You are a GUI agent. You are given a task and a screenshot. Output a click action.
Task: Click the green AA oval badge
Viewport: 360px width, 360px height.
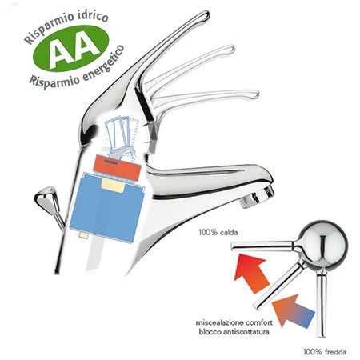[x=70, y=48]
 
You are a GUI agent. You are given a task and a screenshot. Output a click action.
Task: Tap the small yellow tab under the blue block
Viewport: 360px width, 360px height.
[x=84, y=234]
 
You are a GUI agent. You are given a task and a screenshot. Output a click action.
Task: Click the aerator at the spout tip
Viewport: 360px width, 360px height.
[x=257, y=197]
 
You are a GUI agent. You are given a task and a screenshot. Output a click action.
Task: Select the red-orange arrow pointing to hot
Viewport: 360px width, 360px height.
[x=250, y=273]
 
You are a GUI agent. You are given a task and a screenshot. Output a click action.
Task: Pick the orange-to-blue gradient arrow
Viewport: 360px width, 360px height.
[x=293, y=310]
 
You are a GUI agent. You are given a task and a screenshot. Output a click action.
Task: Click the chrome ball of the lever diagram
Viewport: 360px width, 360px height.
[x=322, y=243]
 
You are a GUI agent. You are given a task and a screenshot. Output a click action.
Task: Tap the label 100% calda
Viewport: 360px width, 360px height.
[x=218, y=232]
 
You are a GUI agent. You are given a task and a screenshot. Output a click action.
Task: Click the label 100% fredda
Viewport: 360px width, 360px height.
[x=325, y=352]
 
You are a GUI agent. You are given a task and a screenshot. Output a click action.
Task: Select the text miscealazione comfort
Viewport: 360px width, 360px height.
[x=234, y=322]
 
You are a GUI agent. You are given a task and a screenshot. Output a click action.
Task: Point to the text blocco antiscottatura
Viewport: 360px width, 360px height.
[x=234, y=332]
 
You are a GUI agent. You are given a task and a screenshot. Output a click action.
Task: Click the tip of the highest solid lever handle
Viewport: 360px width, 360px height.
[x=205, y=15]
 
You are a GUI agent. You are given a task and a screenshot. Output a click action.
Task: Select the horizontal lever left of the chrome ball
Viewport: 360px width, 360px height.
[x=264, y=246]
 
